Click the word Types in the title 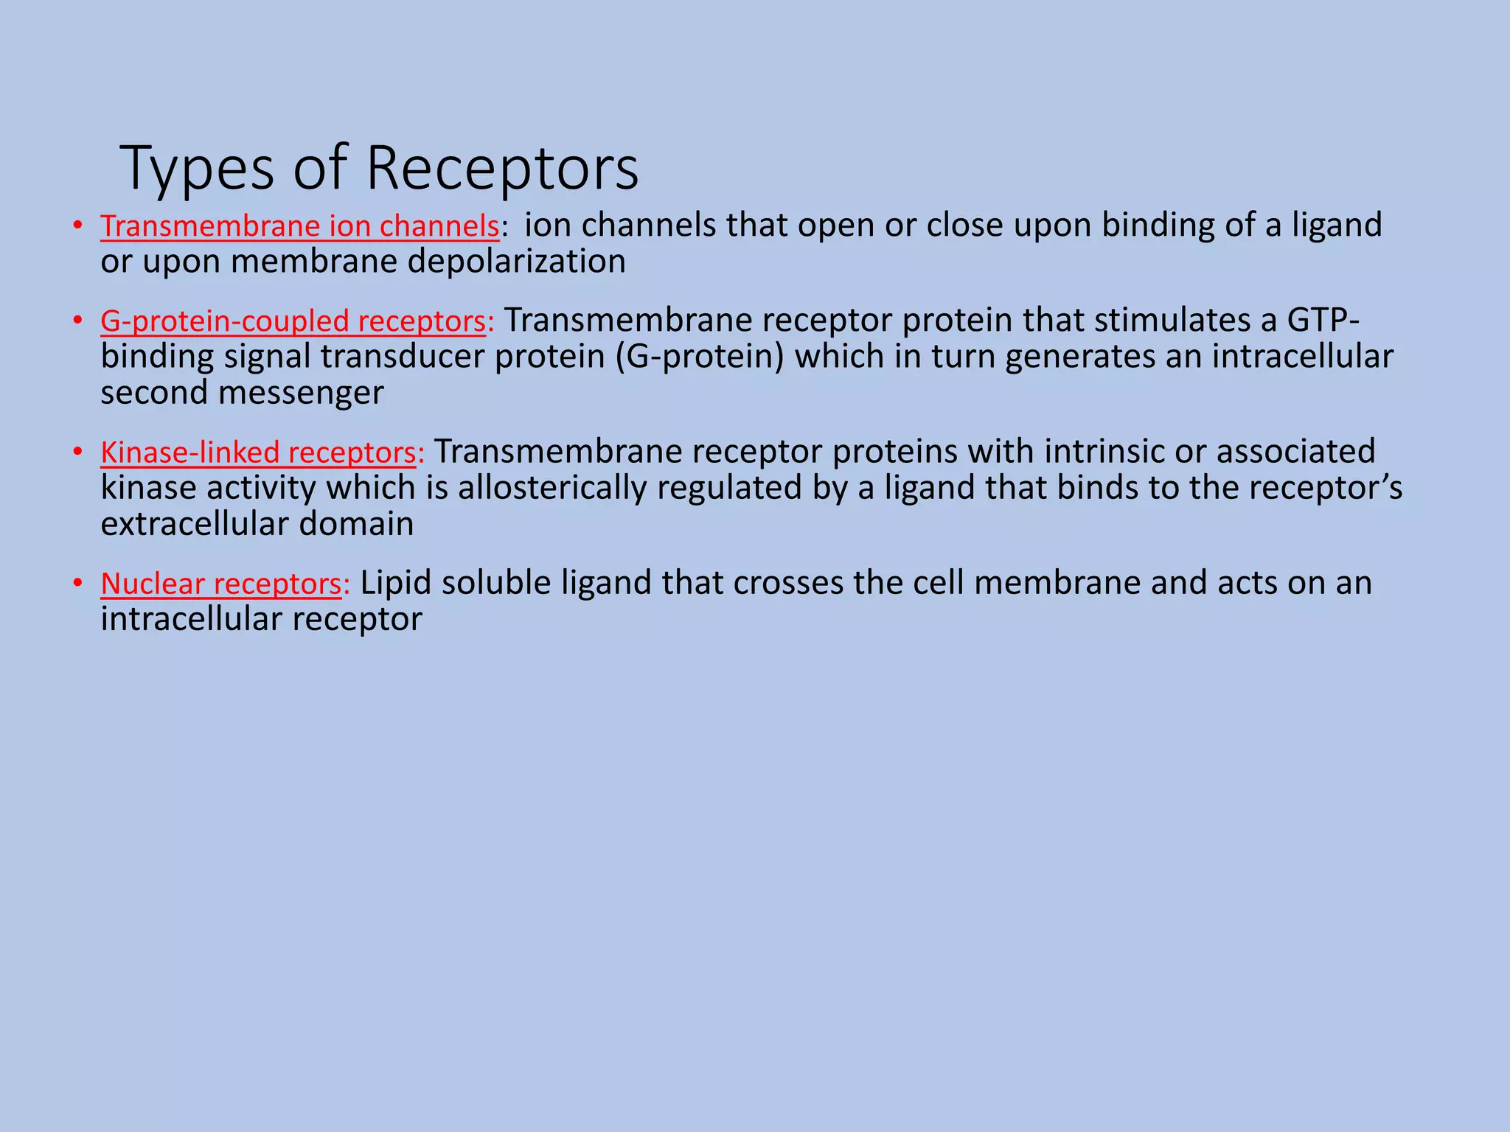tap(196, 170)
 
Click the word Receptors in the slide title tap(502, 168)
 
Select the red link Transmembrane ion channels tap(299, 226)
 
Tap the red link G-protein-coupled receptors tap(293, 321)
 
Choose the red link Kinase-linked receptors tap(259, 453)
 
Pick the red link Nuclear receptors tap(221, 584)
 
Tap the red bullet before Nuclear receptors tap(77, 584)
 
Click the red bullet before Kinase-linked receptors tap(77, 453)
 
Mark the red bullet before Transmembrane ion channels tap(77, 226)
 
